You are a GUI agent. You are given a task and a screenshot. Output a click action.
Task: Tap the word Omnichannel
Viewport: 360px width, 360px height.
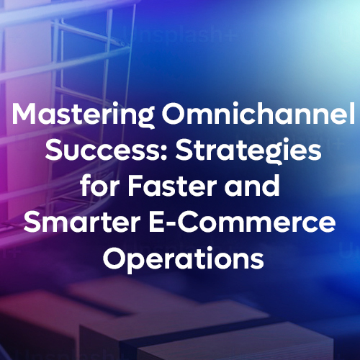(x=258, y=113)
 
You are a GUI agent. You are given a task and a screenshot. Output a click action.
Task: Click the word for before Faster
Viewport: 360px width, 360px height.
(x=99, y=185)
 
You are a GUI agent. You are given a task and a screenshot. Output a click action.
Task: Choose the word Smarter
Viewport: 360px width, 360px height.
(x=82, y=222)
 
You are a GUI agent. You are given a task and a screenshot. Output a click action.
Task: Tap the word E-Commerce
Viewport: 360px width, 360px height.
(x=242, y=222)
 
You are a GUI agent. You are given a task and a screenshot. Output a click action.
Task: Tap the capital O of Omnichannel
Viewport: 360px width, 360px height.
(x=173, y=113)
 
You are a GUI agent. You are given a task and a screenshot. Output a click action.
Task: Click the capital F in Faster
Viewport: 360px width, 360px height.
(x=135, y=186)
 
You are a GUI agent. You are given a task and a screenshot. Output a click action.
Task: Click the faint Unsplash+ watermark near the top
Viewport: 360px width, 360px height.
(x=178, y=36)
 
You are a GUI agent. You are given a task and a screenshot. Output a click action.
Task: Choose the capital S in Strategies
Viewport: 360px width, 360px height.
(x=184, y=150)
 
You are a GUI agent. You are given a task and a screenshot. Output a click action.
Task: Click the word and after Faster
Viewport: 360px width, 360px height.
(x=252, y=185)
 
